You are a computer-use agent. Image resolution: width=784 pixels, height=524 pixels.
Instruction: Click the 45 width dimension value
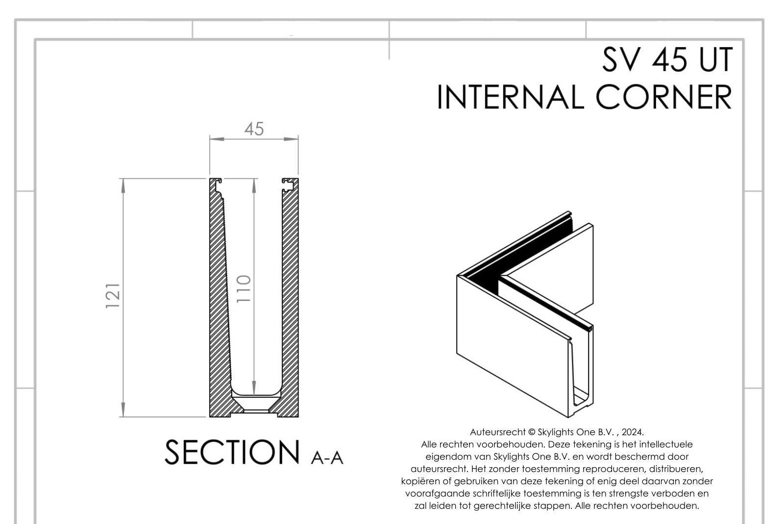pyautogui.click(x=254, y=129)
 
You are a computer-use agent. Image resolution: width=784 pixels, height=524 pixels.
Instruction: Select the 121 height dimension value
pyautogui.click(x=113, y=295)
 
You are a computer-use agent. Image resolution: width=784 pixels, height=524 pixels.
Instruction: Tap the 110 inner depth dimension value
pyautogui.click(x=244, y=288)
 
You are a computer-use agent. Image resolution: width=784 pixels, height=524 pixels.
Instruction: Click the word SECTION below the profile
pyautogui.click(x=232, y=452)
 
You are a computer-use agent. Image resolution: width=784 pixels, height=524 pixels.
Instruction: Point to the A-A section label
pyautogui.click(x=327, y=457)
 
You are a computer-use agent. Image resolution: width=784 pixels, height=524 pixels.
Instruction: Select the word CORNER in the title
pyautogui.click(x=664, y=97)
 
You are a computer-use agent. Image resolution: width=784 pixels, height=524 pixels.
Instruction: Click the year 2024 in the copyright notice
pyautogui.click(x=632, y=432)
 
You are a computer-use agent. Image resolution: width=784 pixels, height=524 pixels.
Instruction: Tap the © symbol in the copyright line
pyautogui.click(x=532, y=432)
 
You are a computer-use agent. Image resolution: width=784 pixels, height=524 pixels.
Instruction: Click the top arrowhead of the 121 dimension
pyautogui.click(x=122, y=183)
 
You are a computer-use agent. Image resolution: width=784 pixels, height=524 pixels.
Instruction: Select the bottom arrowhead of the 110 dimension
pyautogui.click(x=254, y=390)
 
